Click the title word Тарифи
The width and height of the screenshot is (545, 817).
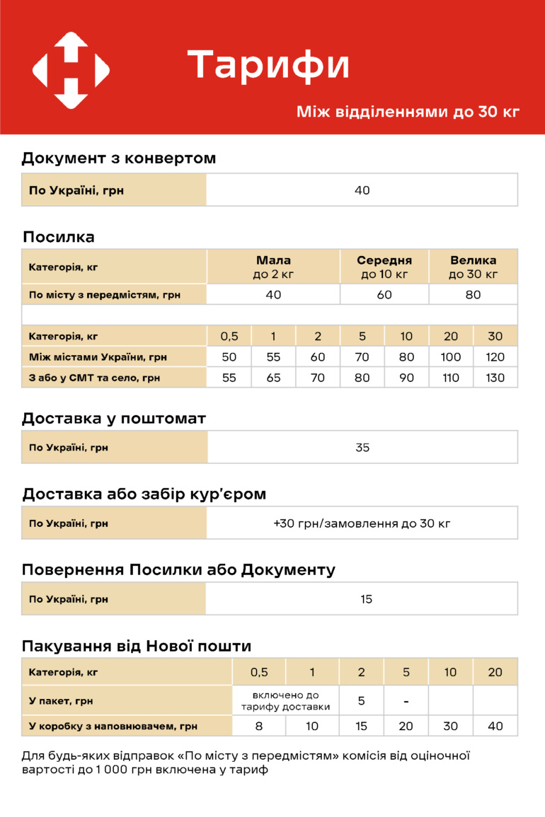tap(269, 65)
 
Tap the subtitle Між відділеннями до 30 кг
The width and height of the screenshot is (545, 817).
tap(408, 112)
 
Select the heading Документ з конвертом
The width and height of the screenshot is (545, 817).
tap(118, 158)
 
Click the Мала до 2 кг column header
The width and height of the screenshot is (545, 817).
tap(273, 267)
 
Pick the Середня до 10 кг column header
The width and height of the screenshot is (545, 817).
tap(384, 267)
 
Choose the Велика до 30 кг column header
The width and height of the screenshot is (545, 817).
tap(474, 267)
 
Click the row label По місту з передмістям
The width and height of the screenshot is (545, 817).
tap(104, 295)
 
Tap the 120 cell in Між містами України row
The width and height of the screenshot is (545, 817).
tap(495, 357)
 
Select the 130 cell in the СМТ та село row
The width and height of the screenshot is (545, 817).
tap(495, 378)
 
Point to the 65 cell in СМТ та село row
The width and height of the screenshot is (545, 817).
tap(273, 378)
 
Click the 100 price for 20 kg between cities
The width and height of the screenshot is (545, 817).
tap(451, 357)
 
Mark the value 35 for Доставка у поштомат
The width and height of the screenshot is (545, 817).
tap(362, 448)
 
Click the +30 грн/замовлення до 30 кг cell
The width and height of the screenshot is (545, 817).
tap(362, 523)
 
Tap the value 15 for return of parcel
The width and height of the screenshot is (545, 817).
tap(366, 599)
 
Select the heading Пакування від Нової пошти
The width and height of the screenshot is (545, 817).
tap(137, 646)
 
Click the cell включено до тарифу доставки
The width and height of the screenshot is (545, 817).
tap(285, 701)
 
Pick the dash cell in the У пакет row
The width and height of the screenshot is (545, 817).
tap(406, 701)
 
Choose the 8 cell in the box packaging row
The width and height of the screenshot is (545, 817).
tap(259, 726)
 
